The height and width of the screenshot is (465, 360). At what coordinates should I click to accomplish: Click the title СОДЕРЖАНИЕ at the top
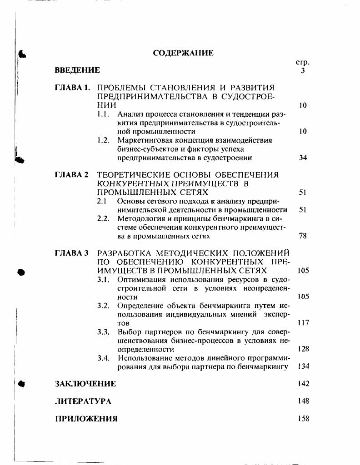coord(183,53)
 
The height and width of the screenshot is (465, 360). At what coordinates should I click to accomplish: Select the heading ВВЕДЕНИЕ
coord(77,70)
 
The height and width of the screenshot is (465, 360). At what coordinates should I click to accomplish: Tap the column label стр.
coord(302,62)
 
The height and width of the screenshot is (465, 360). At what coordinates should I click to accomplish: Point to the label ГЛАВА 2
coord(71,175)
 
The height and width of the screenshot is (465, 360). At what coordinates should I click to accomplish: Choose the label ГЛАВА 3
coord(71,253)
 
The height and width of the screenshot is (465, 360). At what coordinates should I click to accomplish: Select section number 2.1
coord(103,201)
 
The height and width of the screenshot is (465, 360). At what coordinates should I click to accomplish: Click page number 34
coord(303,158)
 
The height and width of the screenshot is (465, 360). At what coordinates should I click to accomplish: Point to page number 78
coord(303,236)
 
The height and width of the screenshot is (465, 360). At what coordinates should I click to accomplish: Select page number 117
coord(303,323)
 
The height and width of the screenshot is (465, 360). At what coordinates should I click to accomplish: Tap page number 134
coord(303,366)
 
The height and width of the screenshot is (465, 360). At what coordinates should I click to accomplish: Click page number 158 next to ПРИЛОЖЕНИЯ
coord(303,419)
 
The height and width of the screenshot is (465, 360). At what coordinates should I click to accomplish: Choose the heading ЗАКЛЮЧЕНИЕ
coord(85,384)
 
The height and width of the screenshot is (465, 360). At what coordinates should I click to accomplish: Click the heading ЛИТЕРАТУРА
coord(83,401)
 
